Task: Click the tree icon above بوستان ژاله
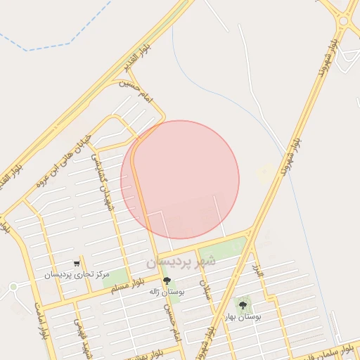pos(167,281)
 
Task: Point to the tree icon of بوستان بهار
pos(243,306)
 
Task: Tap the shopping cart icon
pos(77,264)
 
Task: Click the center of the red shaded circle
pos(180,180)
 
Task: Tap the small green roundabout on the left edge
pos(13,287)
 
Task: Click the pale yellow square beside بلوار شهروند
pos(266,172)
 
